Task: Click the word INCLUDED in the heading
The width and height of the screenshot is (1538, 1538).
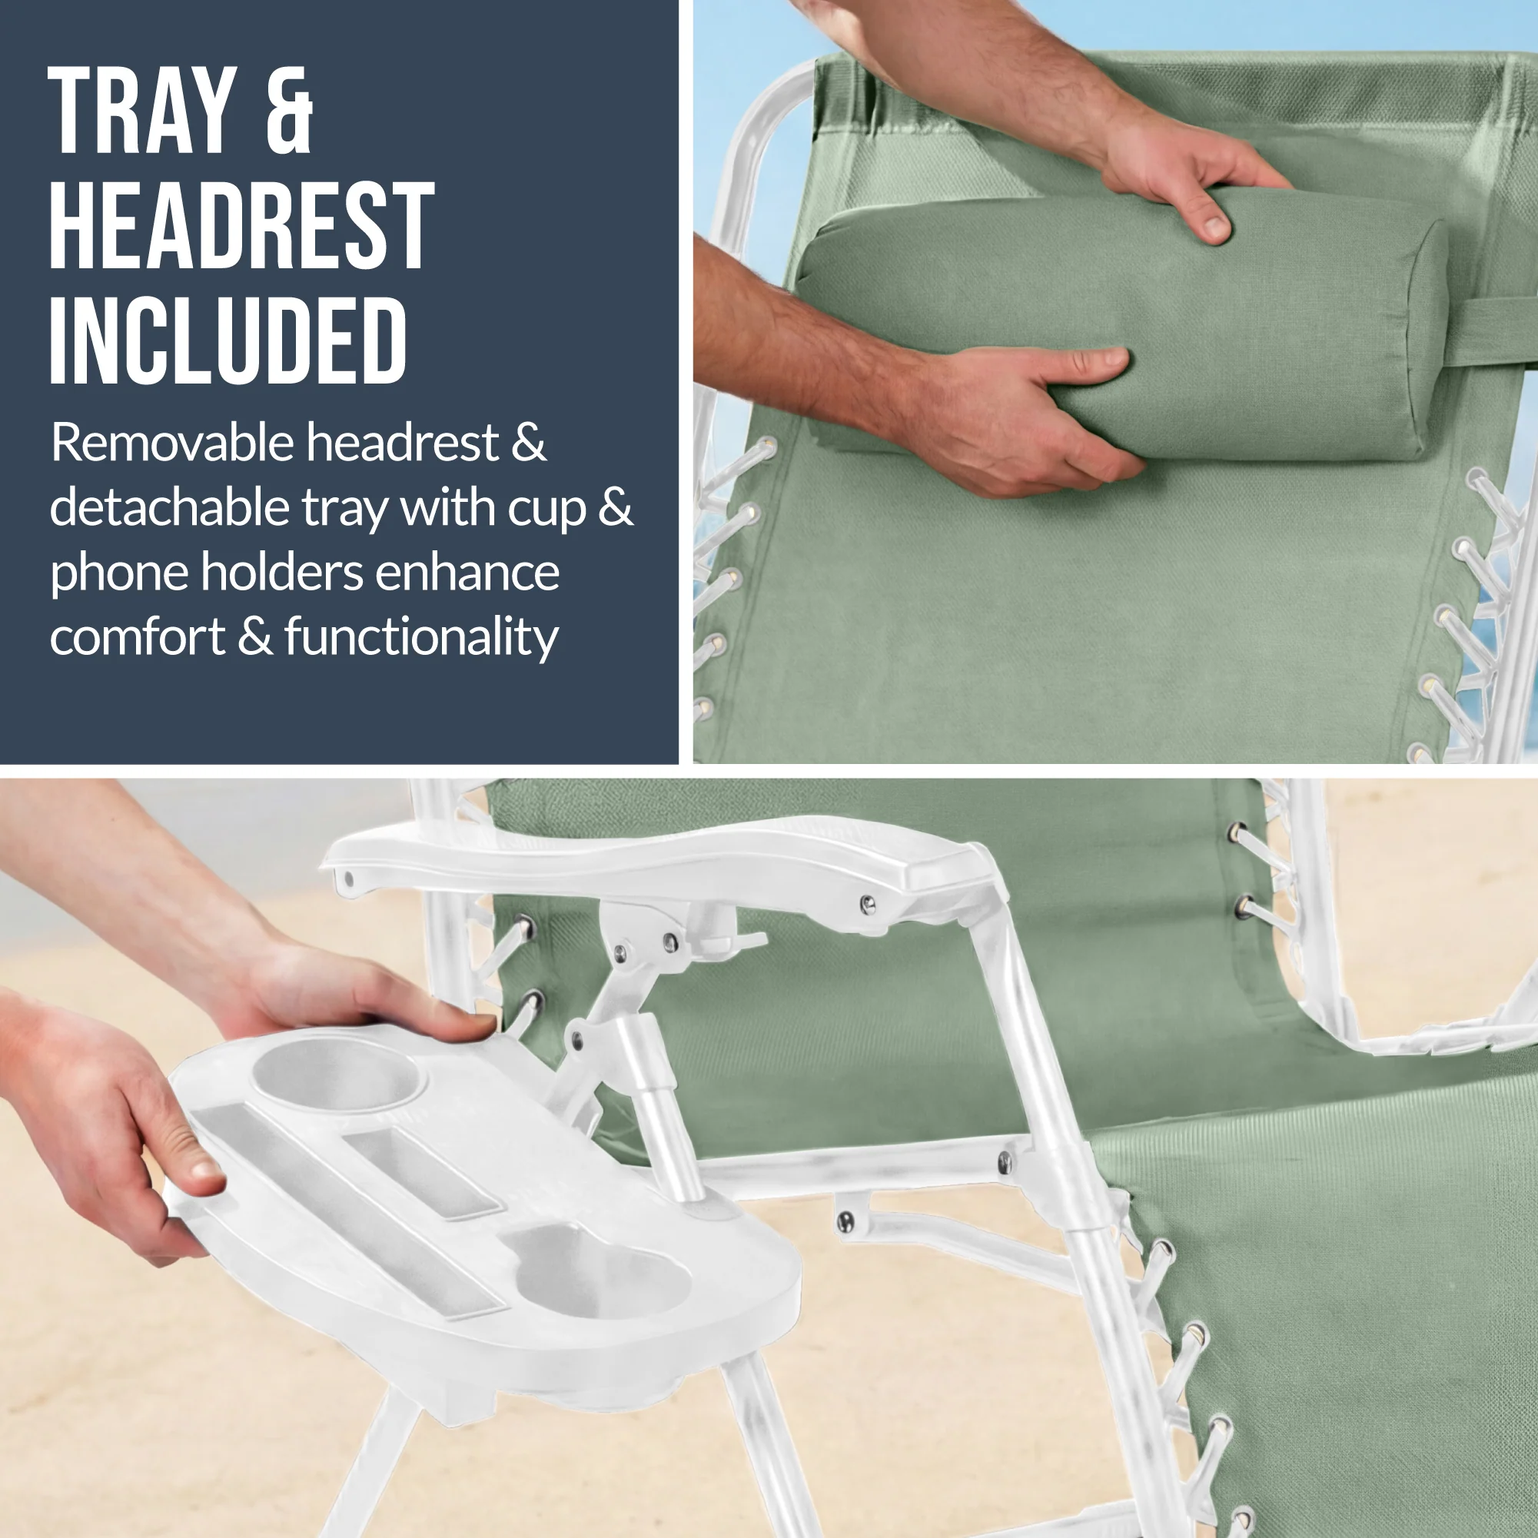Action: pos(228,341)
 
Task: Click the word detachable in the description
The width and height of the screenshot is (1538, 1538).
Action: pos(170,507)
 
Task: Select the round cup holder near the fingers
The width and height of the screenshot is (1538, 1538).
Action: pos(337,1075)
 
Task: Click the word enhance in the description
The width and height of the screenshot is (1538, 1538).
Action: pos(467,573)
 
